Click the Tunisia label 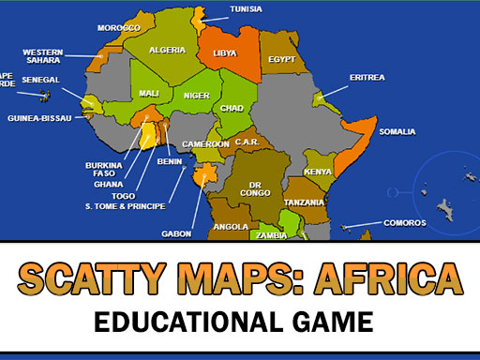tap(246, 10)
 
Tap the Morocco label tap(118, 27)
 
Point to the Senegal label tap(40, 81)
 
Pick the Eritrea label tap(367, 77)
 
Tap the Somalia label tap(397, 131)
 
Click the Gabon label tap(177, 233)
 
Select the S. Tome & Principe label tap(125, 206)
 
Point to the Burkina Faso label tap(103, 170)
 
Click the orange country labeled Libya tap(225, 53)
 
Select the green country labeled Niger tap(196, 96)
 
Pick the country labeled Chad tap(232, 108)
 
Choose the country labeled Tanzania tap(305, 202)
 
